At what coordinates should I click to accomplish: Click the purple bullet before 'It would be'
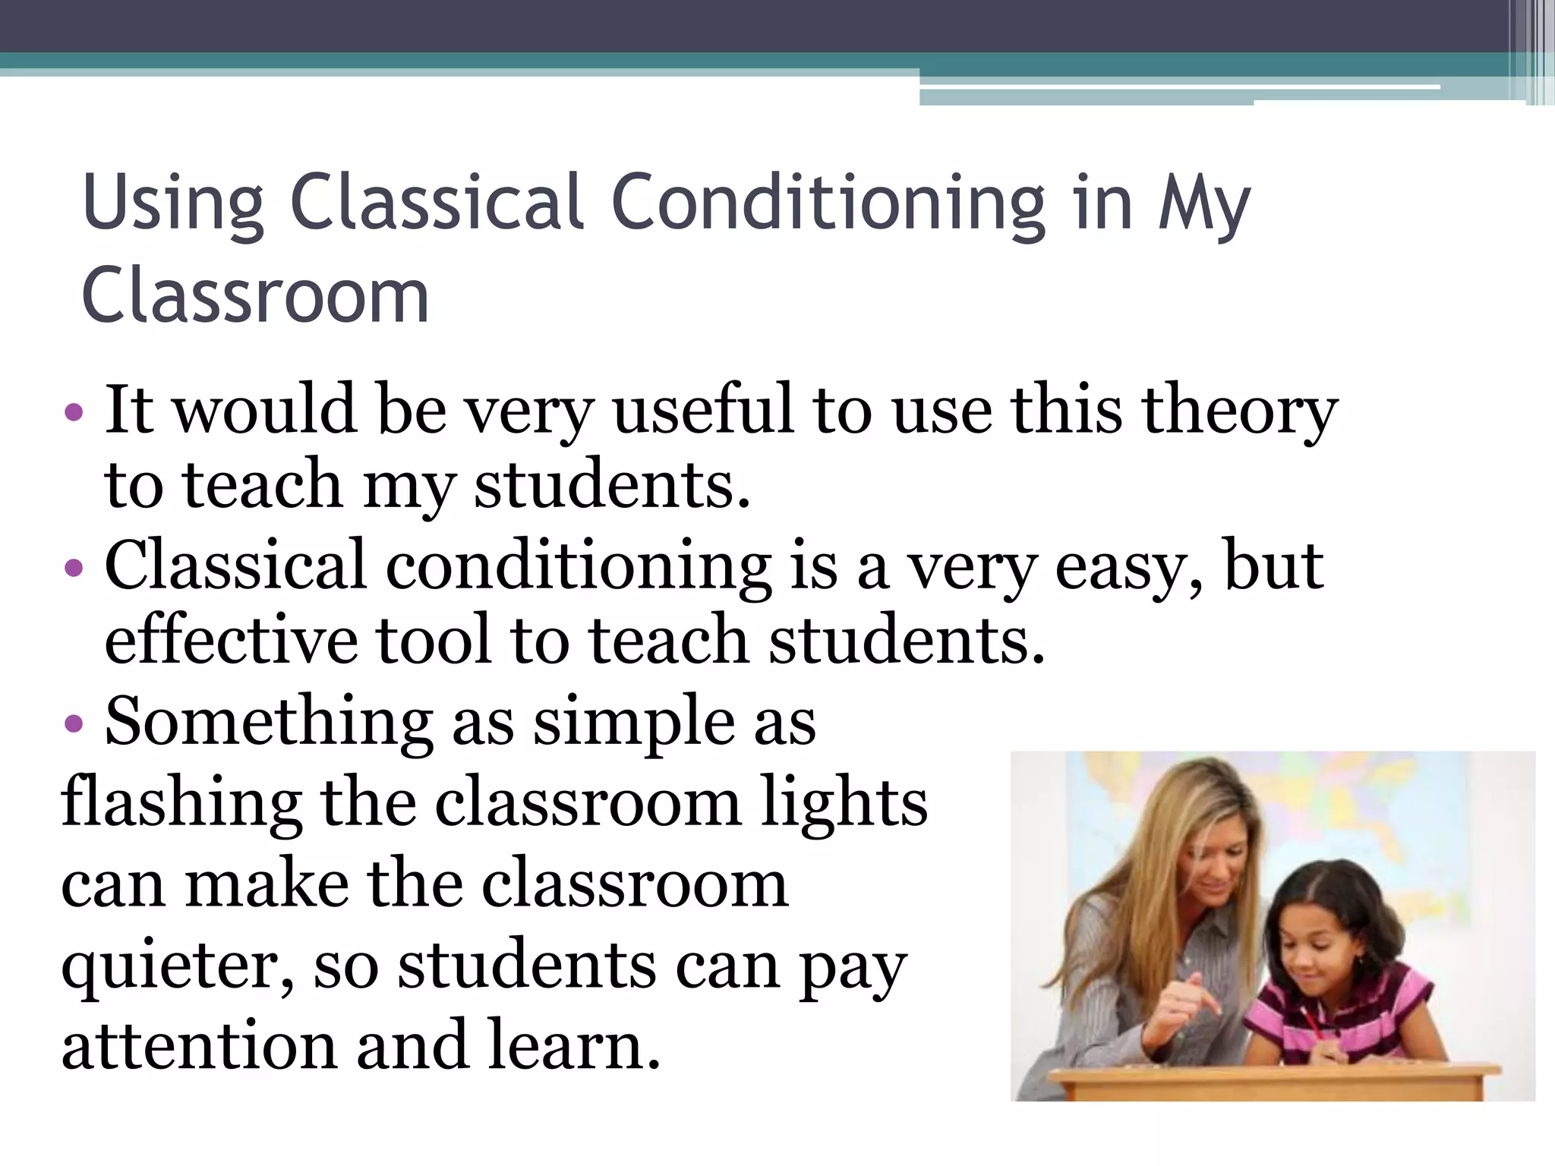(74, 413)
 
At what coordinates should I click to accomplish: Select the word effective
(231, 641)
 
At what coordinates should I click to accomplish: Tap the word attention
(198, 1046)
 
